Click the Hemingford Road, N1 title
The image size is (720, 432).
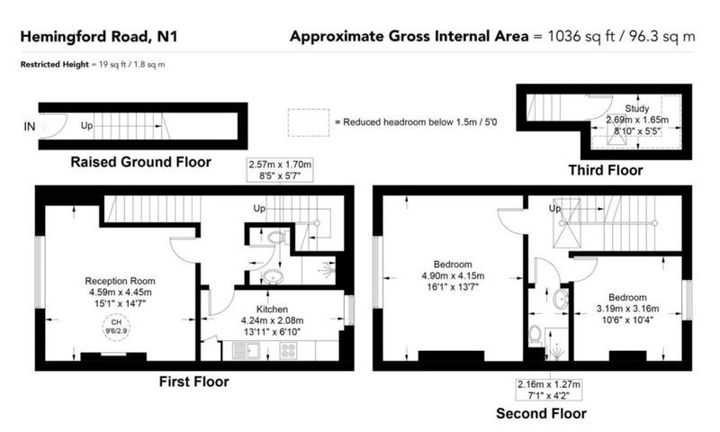click(x=99, y=37)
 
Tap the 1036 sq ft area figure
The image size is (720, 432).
click(x=580, y=36)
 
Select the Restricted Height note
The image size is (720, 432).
click(x=93, y=64)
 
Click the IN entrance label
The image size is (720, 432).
click(x=30, y=126)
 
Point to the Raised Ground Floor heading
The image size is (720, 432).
click(x=140, y=162)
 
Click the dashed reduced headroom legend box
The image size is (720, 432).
click(x=309, y=122)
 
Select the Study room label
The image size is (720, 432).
click(x=637, y=108)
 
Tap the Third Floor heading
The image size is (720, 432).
click(x=605, y=170)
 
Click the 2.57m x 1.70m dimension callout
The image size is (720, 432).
click(x=280, y=170)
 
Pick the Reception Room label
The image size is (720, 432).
click(x=120, y=281)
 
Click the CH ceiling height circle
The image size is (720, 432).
click(x=116, y=327)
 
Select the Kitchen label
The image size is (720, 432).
click(x=272, y=309)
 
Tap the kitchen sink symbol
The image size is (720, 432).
click(x=246, y=351)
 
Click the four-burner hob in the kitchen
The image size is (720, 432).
click(x=288, y=351)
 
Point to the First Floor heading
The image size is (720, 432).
click(x=193, y=382)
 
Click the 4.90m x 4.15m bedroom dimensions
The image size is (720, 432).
click(x=453, y=276)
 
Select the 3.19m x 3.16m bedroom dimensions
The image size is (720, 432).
click(x=627, y=309)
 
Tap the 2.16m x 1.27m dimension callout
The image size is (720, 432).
click(x=549, y=390)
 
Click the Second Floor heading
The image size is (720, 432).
click(x=541, y=413)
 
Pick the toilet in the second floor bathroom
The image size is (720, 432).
click(x=535, y=334)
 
